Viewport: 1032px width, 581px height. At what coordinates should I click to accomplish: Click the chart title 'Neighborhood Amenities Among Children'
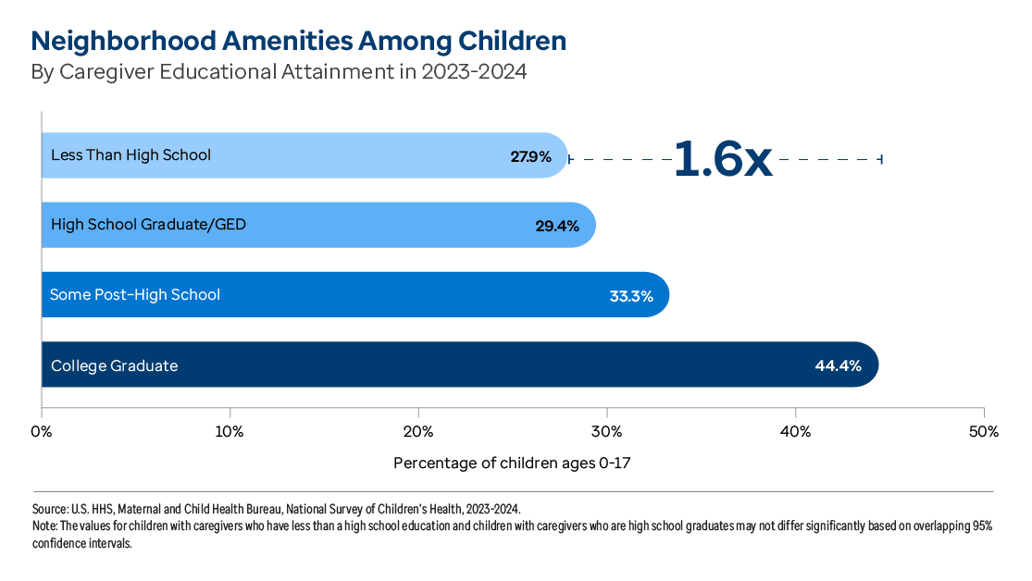click(x=298, y=42)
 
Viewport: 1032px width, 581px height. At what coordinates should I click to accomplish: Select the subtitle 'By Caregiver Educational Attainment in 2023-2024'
click(x=279, y=72)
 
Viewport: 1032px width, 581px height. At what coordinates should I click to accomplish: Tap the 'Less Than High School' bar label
click(x=131, y=155)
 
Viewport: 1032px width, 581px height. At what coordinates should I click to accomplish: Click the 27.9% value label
click(x=530, y=156)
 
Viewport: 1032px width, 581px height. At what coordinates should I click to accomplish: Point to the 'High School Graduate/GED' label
click(x=148, y=225)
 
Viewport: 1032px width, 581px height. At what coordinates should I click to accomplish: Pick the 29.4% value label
click(x=556, y=226)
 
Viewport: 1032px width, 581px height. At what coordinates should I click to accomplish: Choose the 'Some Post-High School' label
click(x=135, y=295)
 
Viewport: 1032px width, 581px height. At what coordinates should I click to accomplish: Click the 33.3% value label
click(x=631, y=296)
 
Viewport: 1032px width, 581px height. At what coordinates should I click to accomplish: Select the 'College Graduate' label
click(x=114, y=365)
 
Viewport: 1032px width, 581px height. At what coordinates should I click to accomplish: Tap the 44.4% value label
click(x=838, y=365)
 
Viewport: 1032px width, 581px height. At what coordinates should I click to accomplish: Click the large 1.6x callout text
click(x=722, y=159)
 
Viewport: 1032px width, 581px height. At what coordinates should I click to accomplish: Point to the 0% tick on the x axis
click(x=41, y=432)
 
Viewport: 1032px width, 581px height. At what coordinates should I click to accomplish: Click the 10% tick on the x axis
click(x=230, y=432)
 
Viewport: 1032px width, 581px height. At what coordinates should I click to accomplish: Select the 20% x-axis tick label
click(x=418, y=432)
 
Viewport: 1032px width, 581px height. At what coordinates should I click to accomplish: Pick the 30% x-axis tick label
click(x=606, y=432)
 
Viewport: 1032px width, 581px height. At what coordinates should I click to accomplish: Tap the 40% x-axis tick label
click(x=795, y=432)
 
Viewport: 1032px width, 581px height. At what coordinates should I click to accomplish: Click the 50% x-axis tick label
click(x=983, y=432)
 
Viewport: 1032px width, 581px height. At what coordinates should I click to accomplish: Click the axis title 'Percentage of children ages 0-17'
click(x=512, y=463)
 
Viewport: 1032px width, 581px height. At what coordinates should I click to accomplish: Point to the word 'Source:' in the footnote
click(x=50, y=509)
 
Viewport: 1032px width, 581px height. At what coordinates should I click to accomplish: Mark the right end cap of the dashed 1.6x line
click(x=882, y=159)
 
